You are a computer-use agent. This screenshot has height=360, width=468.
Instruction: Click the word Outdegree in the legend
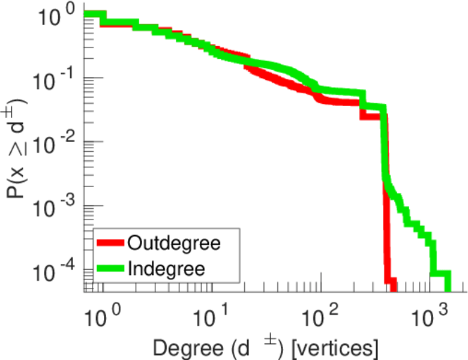tap(174, 243)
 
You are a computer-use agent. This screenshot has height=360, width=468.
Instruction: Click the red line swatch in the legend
tap(110, 244)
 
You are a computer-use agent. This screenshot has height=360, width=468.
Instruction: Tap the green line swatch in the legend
tap(110, 268)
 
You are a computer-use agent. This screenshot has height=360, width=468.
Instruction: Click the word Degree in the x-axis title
tap(181, 346)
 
